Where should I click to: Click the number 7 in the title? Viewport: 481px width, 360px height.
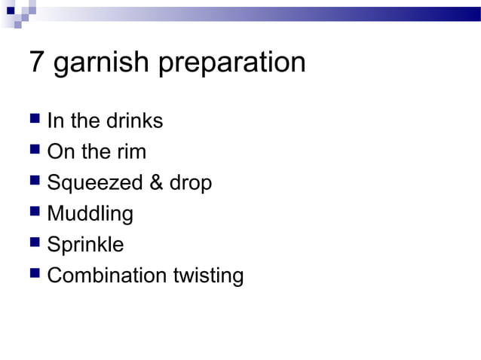37,63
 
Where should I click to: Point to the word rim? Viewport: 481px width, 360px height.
130,152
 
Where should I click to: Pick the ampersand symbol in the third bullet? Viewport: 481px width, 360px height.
158,183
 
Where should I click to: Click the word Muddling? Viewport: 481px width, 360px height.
90,215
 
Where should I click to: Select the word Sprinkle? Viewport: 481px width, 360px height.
85,246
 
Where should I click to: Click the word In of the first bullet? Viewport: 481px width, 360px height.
55,121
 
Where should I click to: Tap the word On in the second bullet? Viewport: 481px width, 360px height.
60,152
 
